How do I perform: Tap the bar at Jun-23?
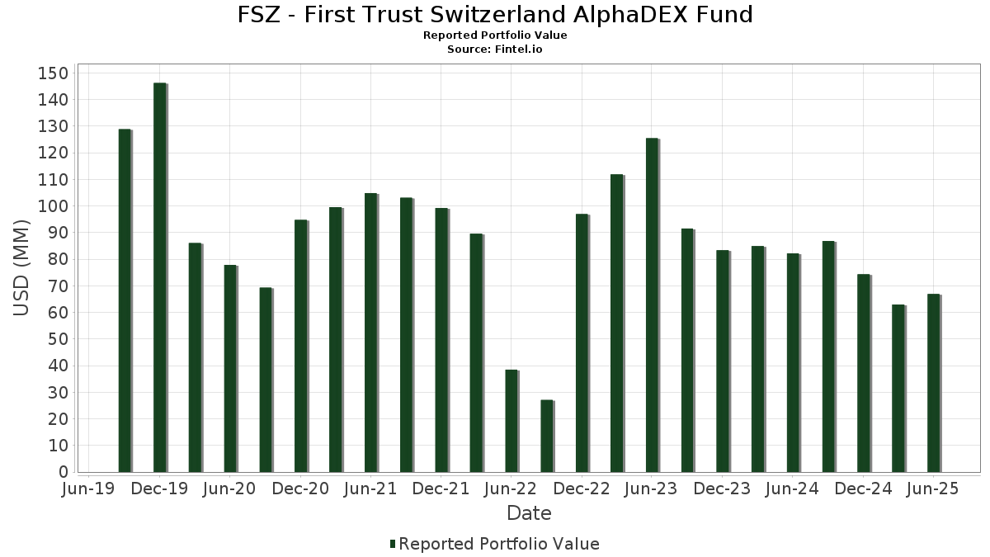(653, 305)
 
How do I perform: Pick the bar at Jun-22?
(511, 421)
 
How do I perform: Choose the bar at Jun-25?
(934, 383)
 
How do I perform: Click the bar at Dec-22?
(582, 343)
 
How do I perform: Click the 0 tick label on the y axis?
(63, 472)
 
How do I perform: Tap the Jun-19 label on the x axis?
(88, 489)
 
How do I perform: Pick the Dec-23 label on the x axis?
(722, 489)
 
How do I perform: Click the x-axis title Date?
(529, 513)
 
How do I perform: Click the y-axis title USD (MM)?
(22, 268)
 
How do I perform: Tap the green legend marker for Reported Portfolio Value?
(393, 544)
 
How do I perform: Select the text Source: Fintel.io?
(495, 50)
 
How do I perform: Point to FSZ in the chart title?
(258, 15)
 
